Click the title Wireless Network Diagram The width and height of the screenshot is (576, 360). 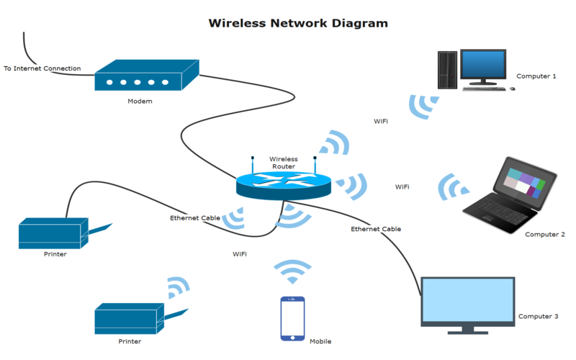(298, 23)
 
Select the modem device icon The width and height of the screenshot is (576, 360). (147, 76)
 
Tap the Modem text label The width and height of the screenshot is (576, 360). (140, 101)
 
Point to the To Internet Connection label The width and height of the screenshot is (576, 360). (42, 68)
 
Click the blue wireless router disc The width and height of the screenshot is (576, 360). (283, 186)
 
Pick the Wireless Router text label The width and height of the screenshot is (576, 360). (283, 163)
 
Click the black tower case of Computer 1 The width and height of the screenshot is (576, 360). (447, 70)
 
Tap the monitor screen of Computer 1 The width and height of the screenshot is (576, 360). (483, 64)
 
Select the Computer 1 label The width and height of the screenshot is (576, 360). (536, 76)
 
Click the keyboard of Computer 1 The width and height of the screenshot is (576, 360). (484, 89)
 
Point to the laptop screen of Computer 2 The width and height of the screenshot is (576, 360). (524, 182)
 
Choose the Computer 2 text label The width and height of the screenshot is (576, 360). (545, 235)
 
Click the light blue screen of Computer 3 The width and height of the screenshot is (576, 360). (467, 300)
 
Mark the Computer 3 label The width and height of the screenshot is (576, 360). (538, 316)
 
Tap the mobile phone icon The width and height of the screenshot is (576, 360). (292, 318)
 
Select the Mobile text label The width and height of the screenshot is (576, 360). (320, 341)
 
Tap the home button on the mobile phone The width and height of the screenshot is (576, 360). (292, 338)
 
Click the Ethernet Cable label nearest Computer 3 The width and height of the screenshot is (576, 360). (376, 229)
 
